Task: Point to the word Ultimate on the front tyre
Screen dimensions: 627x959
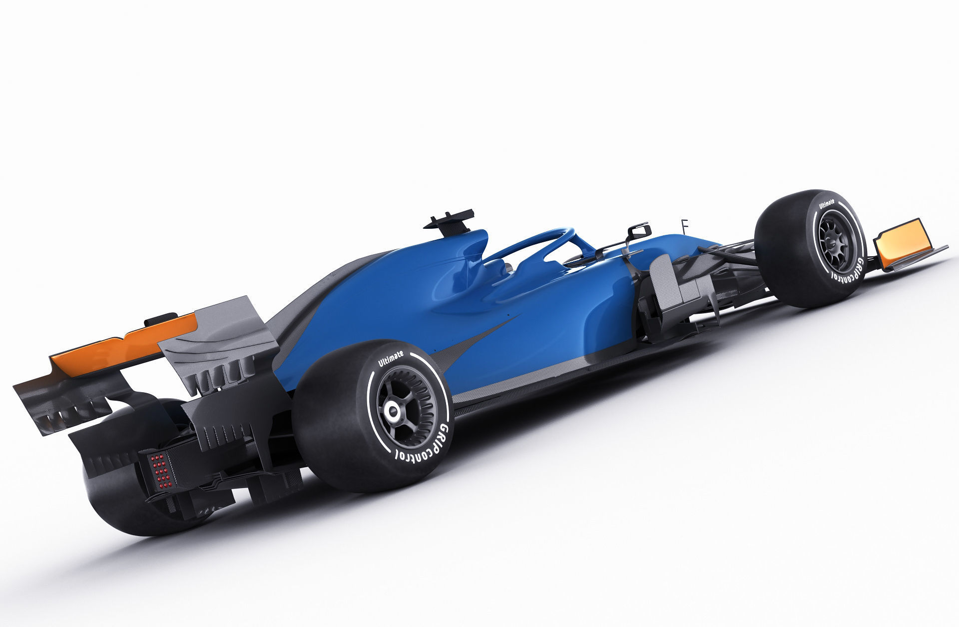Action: click(827, 204)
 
